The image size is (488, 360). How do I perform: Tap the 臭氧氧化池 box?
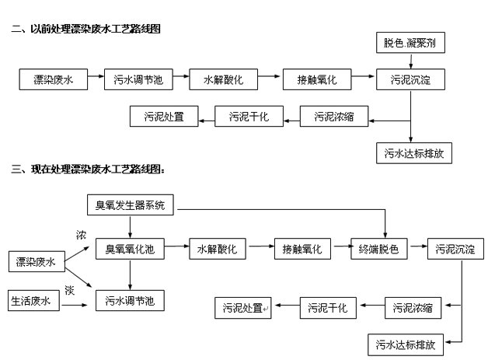pos(130,250)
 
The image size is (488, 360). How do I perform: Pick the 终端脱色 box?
pos(378,250)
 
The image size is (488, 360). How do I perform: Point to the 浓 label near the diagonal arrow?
pos(81,235)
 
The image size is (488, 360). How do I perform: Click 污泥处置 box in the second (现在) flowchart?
pos(242,309)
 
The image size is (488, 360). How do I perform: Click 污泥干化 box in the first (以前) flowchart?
pos(247,117)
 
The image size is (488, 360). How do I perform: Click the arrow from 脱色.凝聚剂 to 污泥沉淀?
pos(410,61)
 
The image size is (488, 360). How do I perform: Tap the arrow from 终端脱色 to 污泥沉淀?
pos(417,250)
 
